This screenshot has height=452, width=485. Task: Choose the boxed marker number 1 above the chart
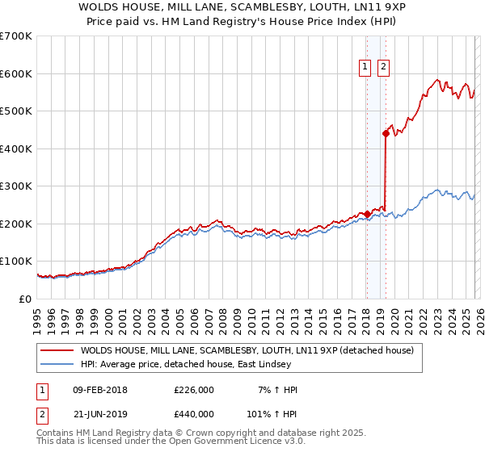point(365,67)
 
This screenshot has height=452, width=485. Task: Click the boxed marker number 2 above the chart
point(383,67)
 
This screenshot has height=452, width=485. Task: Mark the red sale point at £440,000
point(386,134)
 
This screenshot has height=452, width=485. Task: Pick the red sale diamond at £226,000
point(367,214)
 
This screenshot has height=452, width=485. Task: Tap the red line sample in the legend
point(57,350)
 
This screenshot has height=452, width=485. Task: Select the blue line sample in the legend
point(57,364)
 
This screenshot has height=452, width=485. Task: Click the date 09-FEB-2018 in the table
point(100,390)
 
